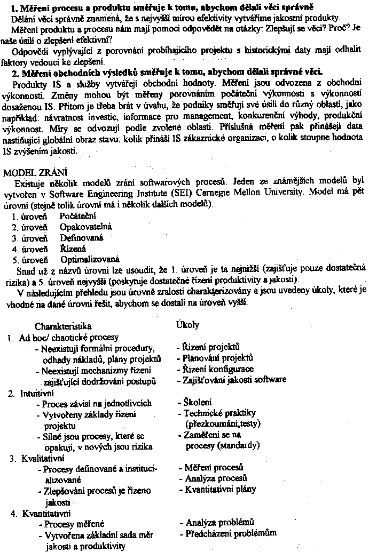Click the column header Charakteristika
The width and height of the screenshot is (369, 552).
pos(63,326)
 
